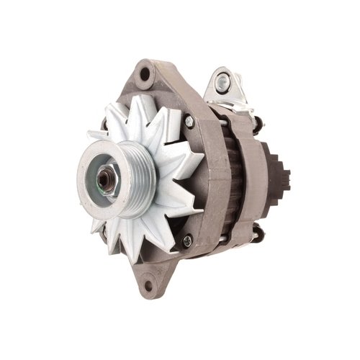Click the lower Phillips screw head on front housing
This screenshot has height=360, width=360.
(189, 240)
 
